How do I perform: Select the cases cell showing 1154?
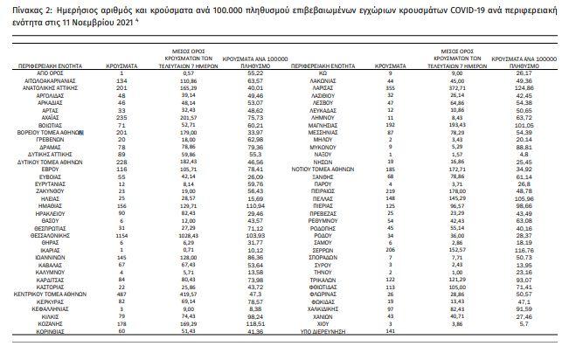121,236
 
